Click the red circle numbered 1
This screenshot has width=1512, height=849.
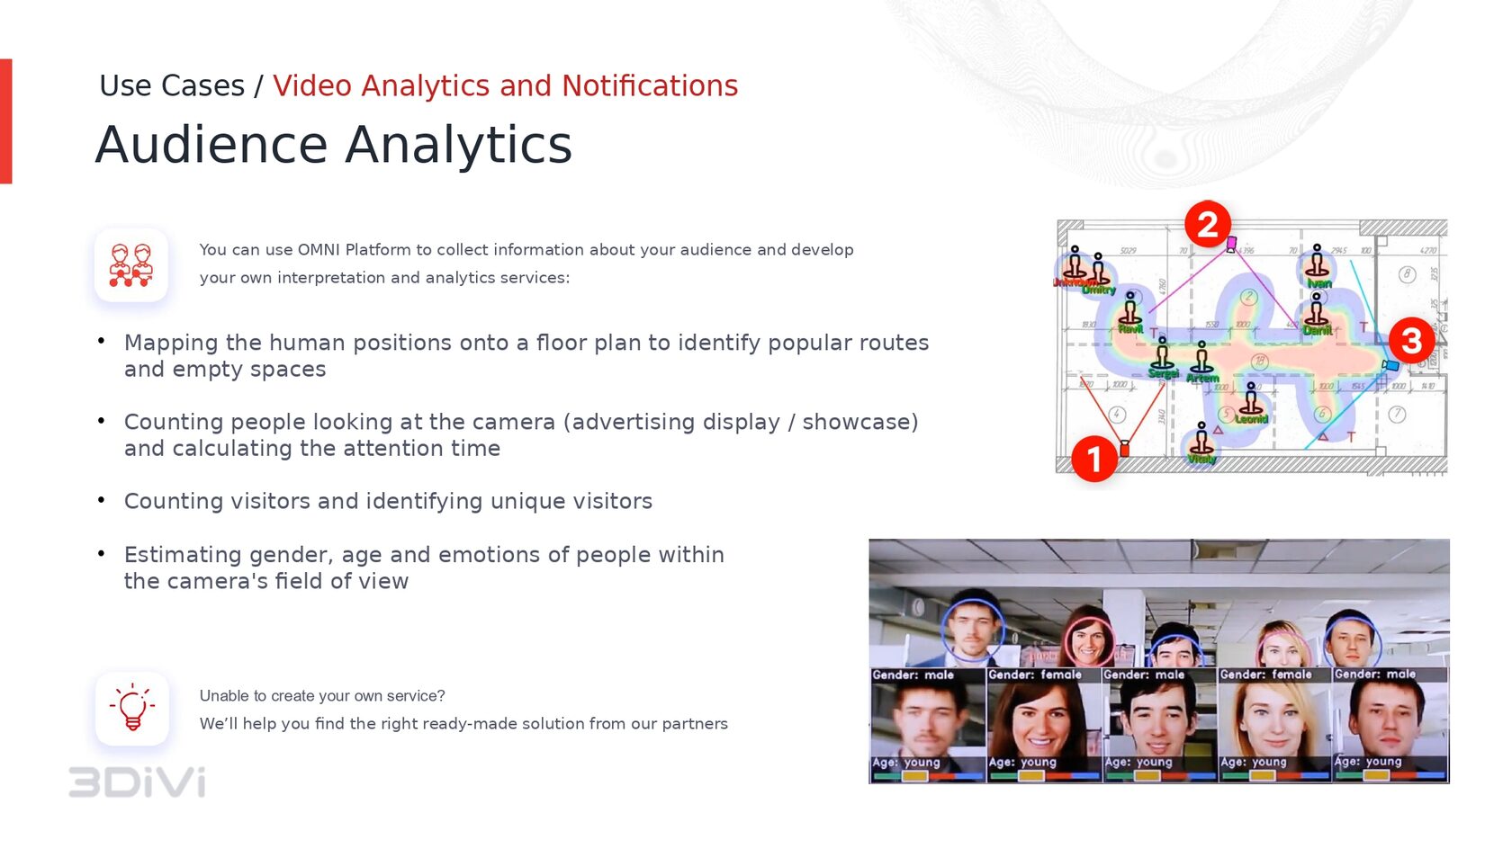tap(1093, 459)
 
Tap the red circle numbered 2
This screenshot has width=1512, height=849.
tap(1207, 224)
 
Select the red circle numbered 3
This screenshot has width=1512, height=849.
tap(1410, 340)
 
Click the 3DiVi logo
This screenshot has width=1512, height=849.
tap(138, 782)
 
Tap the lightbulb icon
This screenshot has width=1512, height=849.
tap(132, 708)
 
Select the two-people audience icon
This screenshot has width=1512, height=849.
tap(131, 264)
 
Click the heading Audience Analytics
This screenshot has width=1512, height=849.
tap(333, 145)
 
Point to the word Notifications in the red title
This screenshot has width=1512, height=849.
tap(649, 85)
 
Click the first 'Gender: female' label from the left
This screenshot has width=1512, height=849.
tap(1034, 675)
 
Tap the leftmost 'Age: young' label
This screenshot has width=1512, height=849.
tap(905, 762)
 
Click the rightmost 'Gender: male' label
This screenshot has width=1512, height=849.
tap(1374, 674)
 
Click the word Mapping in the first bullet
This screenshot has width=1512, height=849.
tap(171, 343)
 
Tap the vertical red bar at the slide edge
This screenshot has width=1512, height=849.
tap(5, 121)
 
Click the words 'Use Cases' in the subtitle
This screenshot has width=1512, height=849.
tap(172, 85)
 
